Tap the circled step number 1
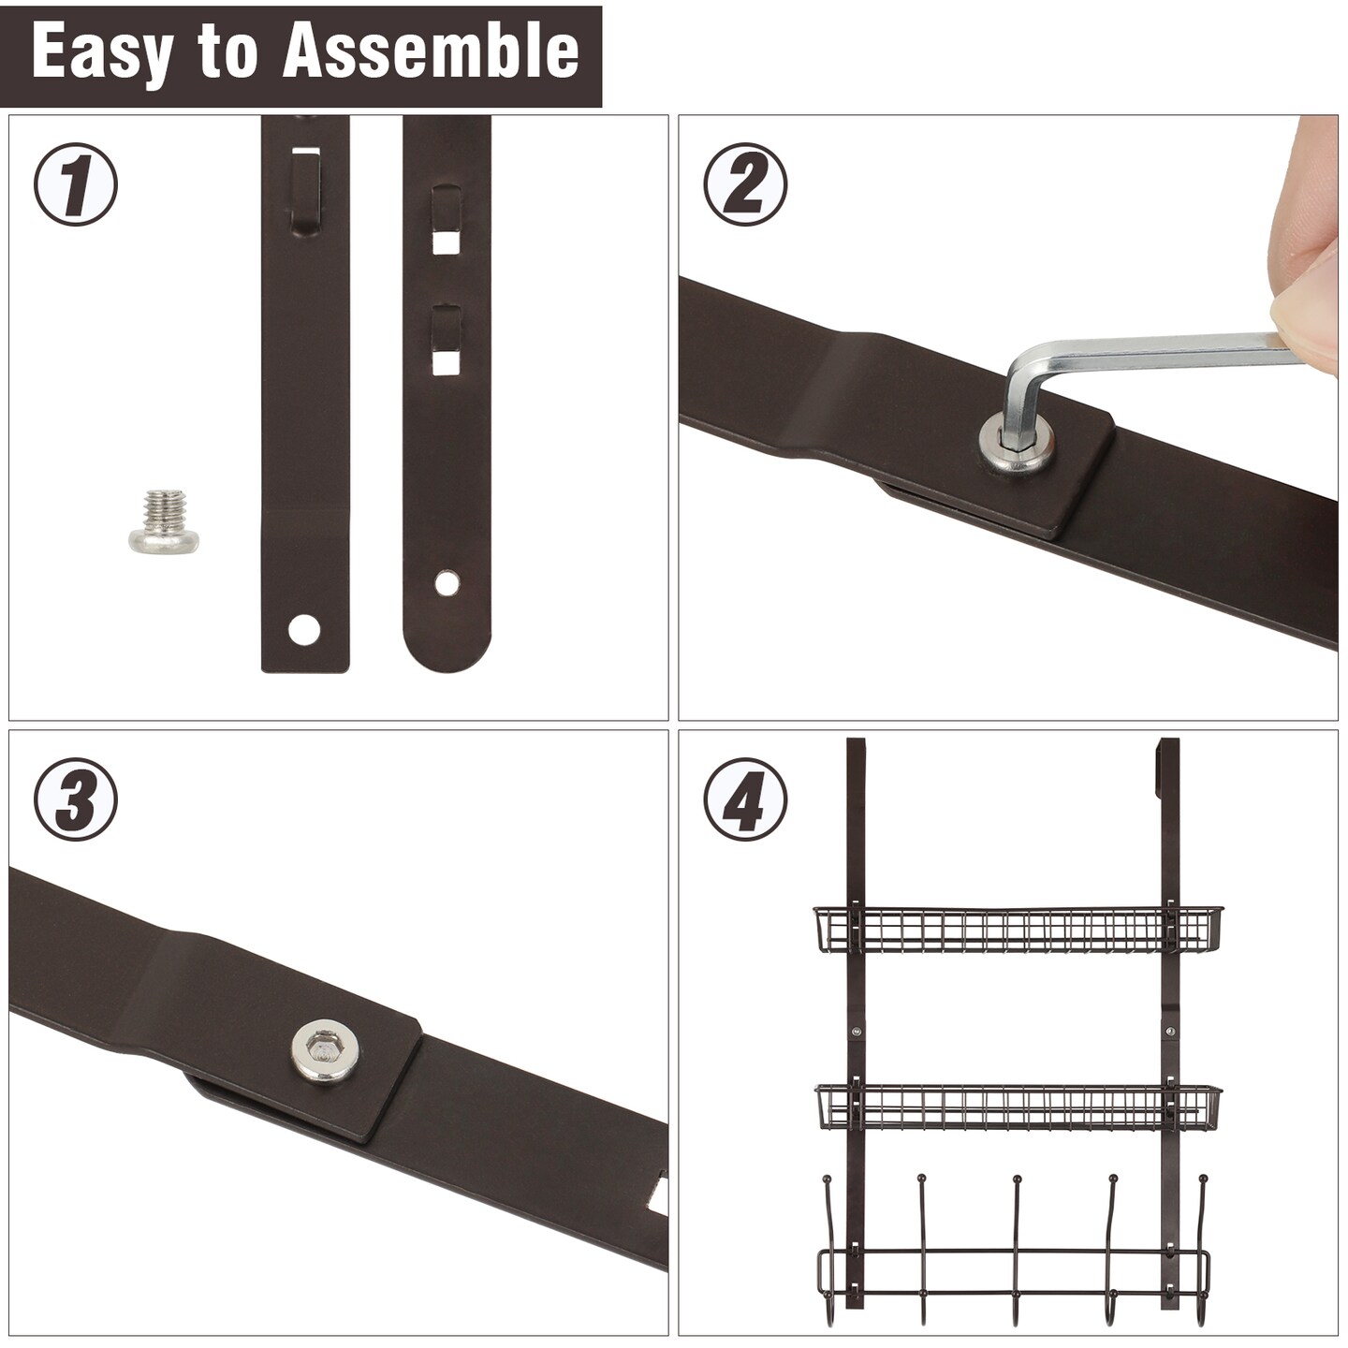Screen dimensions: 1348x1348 click(x=76, y=184)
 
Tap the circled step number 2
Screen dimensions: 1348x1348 click(x=745, y=184)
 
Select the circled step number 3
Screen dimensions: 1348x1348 click(x=76, y=799)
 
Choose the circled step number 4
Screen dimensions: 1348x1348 click(x=745, y=799)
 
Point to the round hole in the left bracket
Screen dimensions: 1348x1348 click(x=304, y=630)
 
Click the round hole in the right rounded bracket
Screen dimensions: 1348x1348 click(x=447, y=583)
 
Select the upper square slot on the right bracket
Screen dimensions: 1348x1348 click(x=447, y=242)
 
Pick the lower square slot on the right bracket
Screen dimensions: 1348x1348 click(x=447, y=361)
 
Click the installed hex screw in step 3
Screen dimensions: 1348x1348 click(x=324, y=1050)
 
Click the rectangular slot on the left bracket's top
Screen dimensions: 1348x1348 click(x=305, y=150)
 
